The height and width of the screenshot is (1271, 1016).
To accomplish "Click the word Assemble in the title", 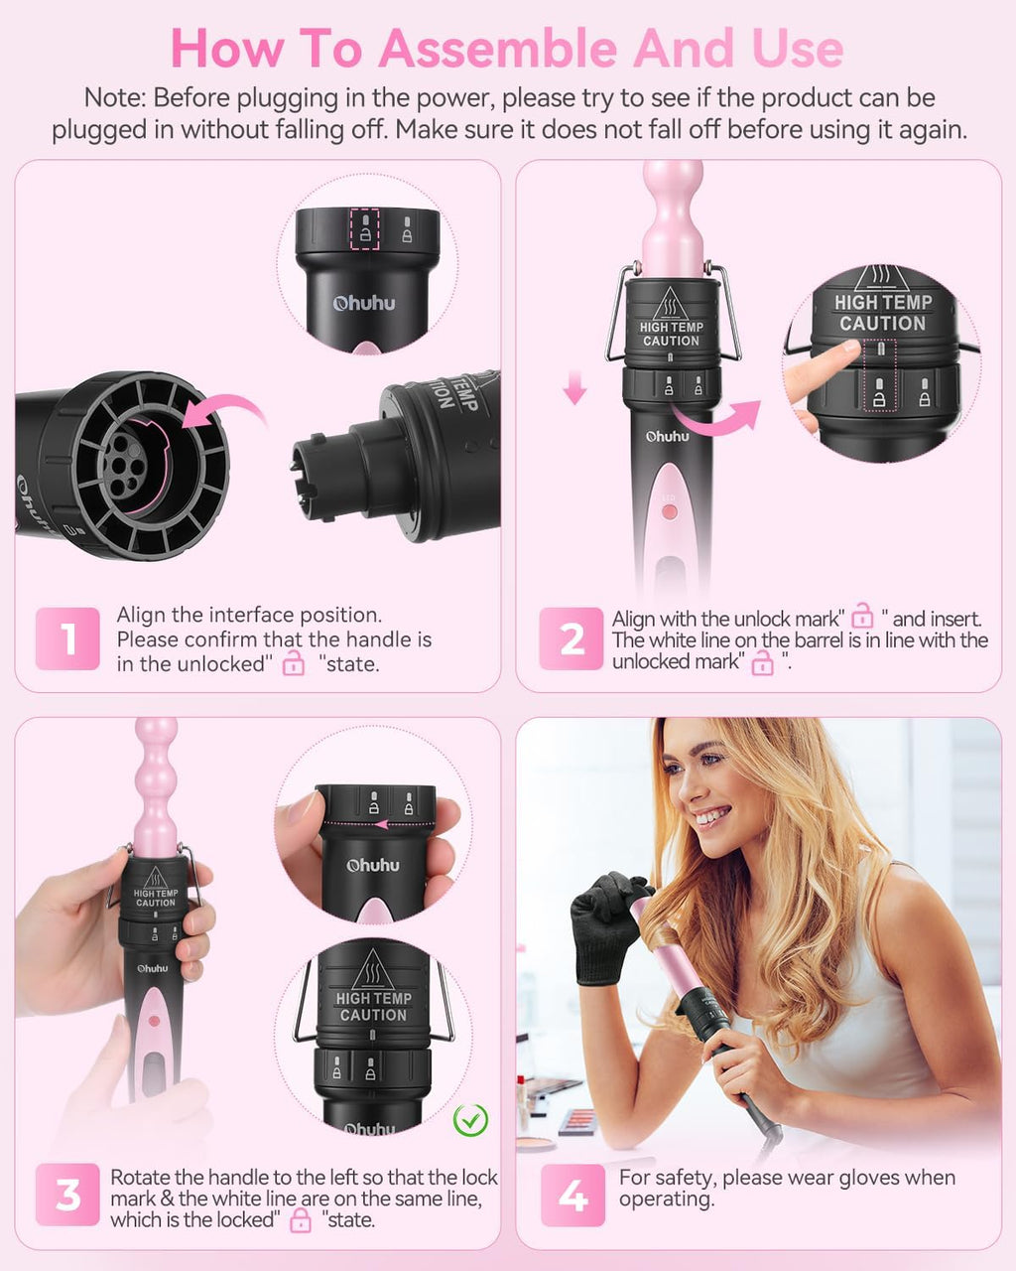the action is pos(498,49).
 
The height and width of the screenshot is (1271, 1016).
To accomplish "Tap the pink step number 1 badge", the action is pos(67,638).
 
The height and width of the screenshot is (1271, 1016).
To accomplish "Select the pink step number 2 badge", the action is pos(571,638).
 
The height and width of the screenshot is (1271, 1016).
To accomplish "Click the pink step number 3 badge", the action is pos(67,1196).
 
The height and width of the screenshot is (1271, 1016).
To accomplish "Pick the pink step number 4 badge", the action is pos(572,1196).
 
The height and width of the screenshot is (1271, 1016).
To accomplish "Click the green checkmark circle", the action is pos(470,1120).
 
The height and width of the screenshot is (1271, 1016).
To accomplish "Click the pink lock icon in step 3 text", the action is pos(301,1220).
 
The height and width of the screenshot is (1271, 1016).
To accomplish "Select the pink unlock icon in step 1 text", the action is pos(294,662).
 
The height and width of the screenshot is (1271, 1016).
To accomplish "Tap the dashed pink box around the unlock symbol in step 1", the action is pos(365,229).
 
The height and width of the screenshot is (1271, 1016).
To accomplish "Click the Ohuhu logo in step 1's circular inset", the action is pos(364,304).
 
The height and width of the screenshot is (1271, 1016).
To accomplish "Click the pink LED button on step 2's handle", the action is pos(670,511).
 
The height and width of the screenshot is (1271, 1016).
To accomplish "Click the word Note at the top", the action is pos(115,97).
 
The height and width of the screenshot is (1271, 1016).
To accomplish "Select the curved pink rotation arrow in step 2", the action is pos(715,416).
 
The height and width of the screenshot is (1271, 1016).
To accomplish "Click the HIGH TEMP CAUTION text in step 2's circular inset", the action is pos(883,313).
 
